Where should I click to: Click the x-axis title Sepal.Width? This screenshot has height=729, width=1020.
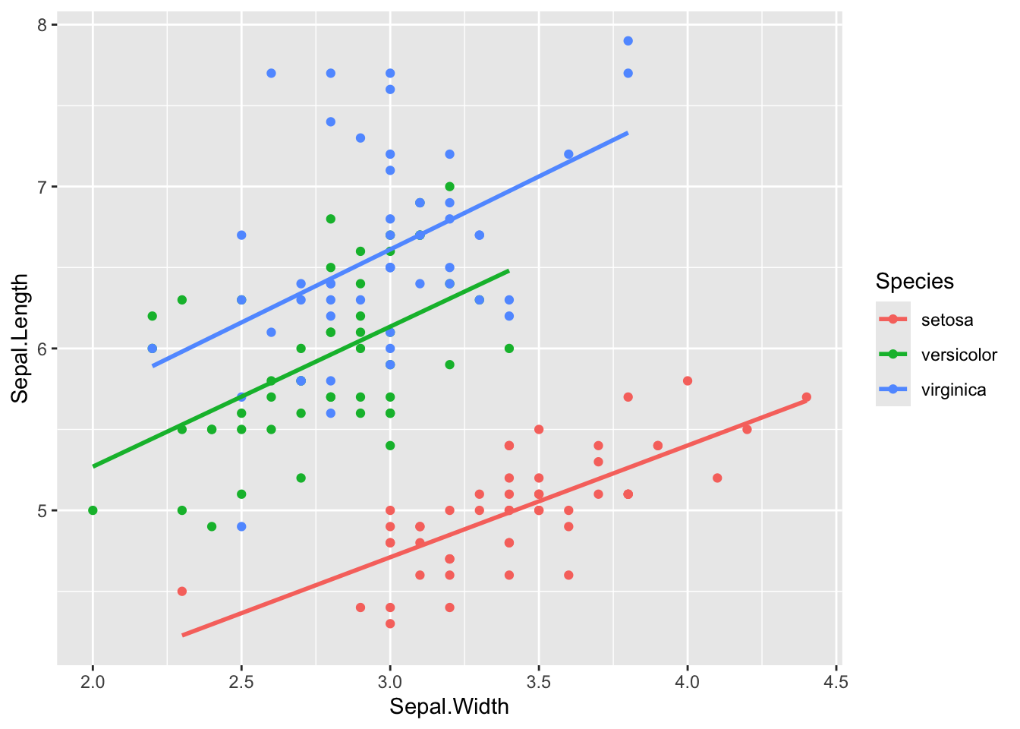pyautogui.click(x=449, y=707)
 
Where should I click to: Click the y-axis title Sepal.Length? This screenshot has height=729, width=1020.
pyautogui.click(x=20, y=338)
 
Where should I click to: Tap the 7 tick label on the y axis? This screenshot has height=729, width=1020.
pyautogui.click(x=42, y=187)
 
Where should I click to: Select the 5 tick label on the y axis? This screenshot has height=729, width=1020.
pyautogui.click(x=42, y=510)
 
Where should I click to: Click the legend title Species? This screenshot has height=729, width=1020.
pyautogui.click(x=915, y=282)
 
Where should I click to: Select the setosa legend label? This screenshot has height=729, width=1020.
pyautogui.click(x=947, y=320)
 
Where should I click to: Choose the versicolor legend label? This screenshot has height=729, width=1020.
pyautogui.click(x=959, y=355)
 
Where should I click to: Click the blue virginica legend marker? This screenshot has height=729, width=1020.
pyautogui.click(x=893, y=390)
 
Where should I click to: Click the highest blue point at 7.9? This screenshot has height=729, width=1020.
pyautogui.click(x=628, y=41)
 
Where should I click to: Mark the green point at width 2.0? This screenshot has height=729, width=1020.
pyautogui.click(x=93, y=510)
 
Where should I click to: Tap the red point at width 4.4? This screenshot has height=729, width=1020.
pyautogui.click(x=806, y=397)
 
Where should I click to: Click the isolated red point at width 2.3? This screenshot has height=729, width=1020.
pyautogui.click(x=182, y=591)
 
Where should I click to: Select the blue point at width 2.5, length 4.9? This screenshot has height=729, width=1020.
pyautogui.click(x=241, y=526)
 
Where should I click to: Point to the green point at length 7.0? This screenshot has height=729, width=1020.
pyautogui.click(x=449, y=186)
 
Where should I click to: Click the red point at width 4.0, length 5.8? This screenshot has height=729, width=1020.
pyautogui.click(x=688, y=380)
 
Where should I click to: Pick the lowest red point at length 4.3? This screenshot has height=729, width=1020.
pyautogui.click(x=390, y=623)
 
